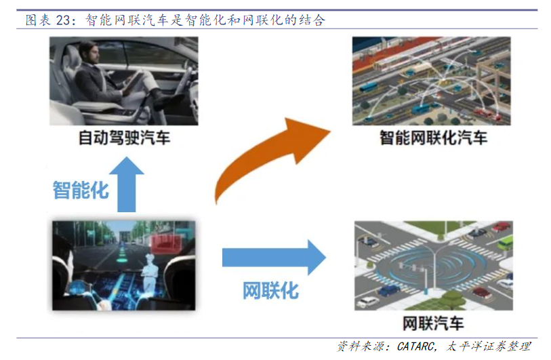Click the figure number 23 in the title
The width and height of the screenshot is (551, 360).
pos(63,20)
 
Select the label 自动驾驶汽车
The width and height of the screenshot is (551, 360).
pos(124,138)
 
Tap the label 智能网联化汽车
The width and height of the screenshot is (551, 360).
pos(433,138)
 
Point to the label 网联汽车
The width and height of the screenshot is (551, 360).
pos(433,323)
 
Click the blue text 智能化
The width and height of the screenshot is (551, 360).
pos(81,191)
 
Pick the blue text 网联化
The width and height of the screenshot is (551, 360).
pos(271,291)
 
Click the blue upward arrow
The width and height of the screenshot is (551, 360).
pos(127,184)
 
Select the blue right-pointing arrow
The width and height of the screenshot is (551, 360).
pos(274,257)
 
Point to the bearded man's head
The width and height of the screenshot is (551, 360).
pos(88,53)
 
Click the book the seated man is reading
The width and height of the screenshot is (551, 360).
pos(133,81)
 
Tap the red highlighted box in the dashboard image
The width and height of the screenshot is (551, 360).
pos(165,243)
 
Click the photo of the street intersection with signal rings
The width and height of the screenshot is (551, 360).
pos(434,266)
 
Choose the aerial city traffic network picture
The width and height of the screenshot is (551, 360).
pos(432,81)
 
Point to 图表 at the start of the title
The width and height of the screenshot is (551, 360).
pos(39,20)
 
